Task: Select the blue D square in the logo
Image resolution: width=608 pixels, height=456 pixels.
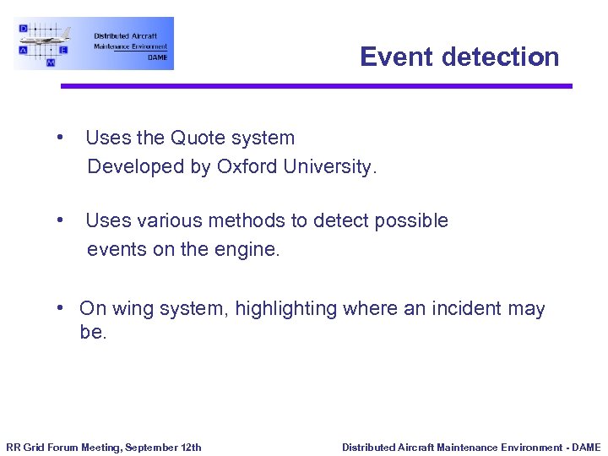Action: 24,28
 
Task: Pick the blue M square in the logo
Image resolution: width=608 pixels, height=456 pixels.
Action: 51,62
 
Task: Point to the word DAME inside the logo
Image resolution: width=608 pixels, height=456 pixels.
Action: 157,57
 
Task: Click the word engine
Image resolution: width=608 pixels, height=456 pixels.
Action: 250,249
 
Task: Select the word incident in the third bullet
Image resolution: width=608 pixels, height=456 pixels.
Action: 466,309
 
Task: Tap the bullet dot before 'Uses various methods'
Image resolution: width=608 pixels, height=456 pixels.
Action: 60,220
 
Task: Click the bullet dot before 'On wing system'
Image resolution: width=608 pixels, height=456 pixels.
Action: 61,308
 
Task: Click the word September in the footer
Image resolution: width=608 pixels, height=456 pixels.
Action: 153,448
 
